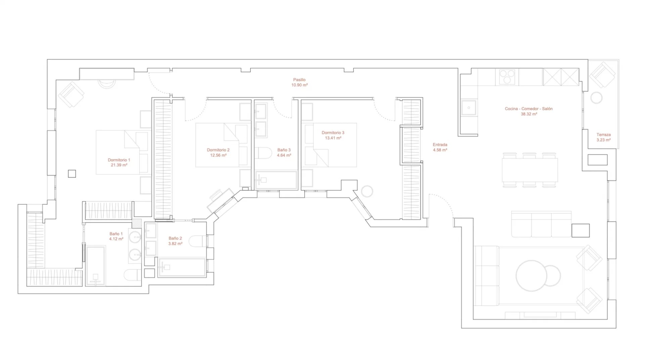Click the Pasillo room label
click(299, 80)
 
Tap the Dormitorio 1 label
click(119, 160)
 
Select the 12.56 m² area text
click(218, 155)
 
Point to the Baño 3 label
click(284, 150)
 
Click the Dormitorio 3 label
click(333, 133)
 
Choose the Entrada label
click(440, 145)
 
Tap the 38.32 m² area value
click(529, 114)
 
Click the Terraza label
click(604, 135)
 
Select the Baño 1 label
click(116, 234)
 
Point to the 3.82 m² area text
click(175, 244)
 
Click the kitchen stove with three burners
click(507, 77)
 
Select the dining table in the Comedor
click(530, 170)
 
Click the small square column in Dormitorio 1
click(72, 173)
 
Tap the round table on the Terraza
click(596, 98)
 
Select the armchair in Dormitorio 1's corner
click(71, 94)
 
